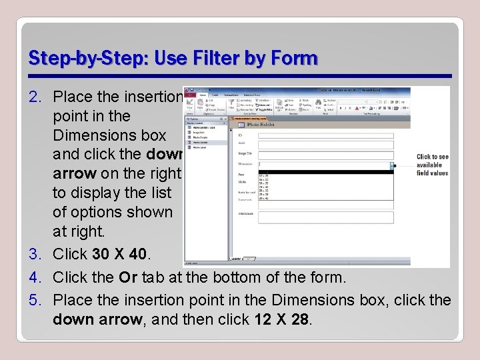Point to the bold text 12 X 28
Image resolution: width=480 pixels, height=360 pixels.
click(x=282, y=319)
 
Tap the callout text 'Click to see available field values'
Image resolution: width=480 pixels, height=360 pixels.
click(x=433, y=165)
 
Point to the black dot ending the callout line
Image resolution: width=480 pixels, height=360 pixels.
click(x=395, y=165)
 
